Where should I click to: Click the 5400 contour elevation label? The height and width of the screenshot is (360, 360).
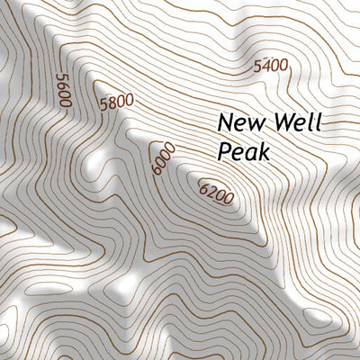(271, 66)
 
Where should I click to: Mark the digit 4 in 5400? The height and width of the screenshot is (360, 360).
(266, 66)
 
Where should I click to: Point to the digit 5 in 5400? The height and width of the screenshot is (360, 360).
(258, 66)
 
